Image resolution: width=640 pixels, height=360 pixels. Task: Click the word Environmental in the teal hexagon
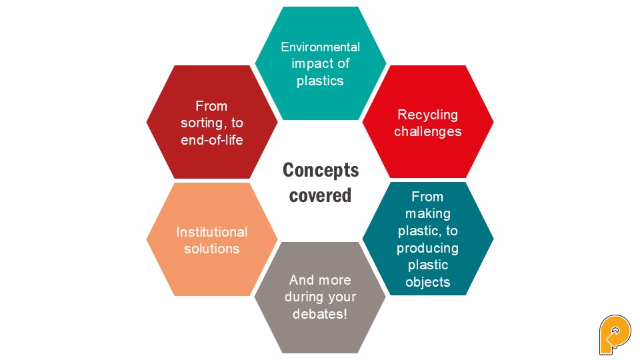coord(320,47)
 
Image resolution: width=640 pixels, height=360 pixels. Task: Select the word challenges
coord(427,131)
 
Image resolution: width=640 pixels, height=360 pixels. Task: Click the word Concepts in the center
coord(321,170)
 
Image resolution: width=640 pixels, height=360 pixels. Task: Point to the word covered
coord(321,195)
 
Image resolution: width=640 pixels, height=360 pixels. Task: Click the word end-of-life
coord(212,140)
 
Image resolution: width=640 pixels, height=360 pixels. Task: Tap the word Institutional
coord(211,232)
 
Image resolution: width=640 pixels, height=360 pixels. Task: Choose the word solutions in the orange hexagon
coord(211,249)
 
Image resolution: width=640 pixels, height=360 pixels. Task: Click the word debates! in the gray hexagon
coord(320,313)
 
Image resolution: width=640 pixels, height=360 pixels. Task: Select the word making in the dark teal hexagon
coord(427,214)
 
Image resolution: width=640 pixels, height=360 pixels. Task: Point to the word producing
coord(427,248)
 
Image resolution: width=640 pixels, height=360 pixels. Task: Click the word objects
coord(427,282)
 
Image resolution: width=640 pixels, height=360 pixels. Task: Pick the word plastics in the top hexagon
coord(320,81)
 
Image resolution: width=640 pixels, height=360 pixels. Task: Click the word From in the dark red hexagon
coord(211,106)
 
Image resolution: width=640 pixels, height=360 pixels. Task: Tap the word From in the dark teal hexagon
coord(427,197)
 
